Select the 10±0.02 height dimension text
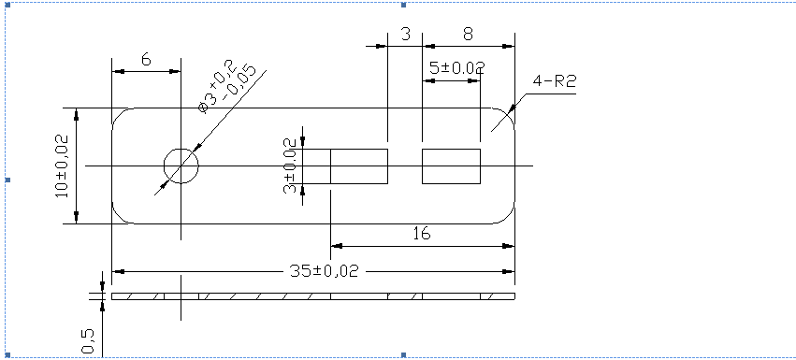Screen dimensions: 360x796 tap(62, 166)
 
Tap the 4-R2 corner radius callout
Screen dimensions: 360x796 tap(554, 81)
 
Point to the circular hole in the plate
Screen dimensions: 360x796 tap(181, 166)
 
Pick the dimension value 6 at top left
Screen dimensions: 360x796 tap(146, 59)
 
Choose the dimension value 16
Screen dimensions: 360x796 tap(421, 234)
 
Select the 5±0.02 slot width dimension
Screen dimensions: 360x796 tap(456, 68)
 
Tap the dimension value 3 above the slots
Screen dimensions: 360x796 tap(405, 35)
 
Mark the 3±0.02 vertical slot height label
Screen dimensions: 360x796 tap(290, 166)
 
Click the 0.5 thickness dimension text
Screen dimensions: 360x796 tap(88, 340)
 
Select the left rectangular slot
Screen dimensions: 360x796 tap(359, 166)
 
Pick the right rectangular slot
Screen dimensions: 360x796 tap(451, 166)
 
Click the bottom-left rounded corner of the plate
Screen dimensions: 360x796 tap(118, 218)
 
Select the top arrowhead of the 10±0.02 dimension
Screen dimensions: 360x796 tap(77, 113)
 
